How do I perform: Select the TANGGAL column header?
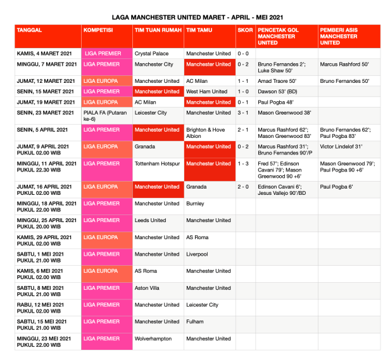(x=30, y=30)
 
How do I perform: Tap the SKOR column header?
(x=244, y=30)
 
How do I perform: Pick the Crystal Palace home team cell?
(x=152, y=54)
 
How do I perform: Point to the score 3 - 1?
(x=243, y=113)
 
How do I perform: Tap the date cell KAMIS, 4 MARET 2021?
(x=45, y=54)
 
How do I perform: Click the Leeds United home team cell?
(x=151, y=220)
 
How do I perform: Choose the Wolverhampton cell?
(x=153, y=338)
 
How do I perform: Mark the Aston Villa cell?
(x=148, y=288)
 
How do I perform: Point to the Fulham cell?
(x=195, y=321)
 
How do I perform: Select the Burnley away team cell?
(x=196, y=204)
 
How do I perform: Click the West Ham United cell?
(x=206, y=92)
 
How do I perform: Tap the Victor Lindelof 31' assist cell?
(x=342, y=147)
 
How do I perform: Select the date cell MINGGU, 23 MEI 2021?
(x=44, y=342)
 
